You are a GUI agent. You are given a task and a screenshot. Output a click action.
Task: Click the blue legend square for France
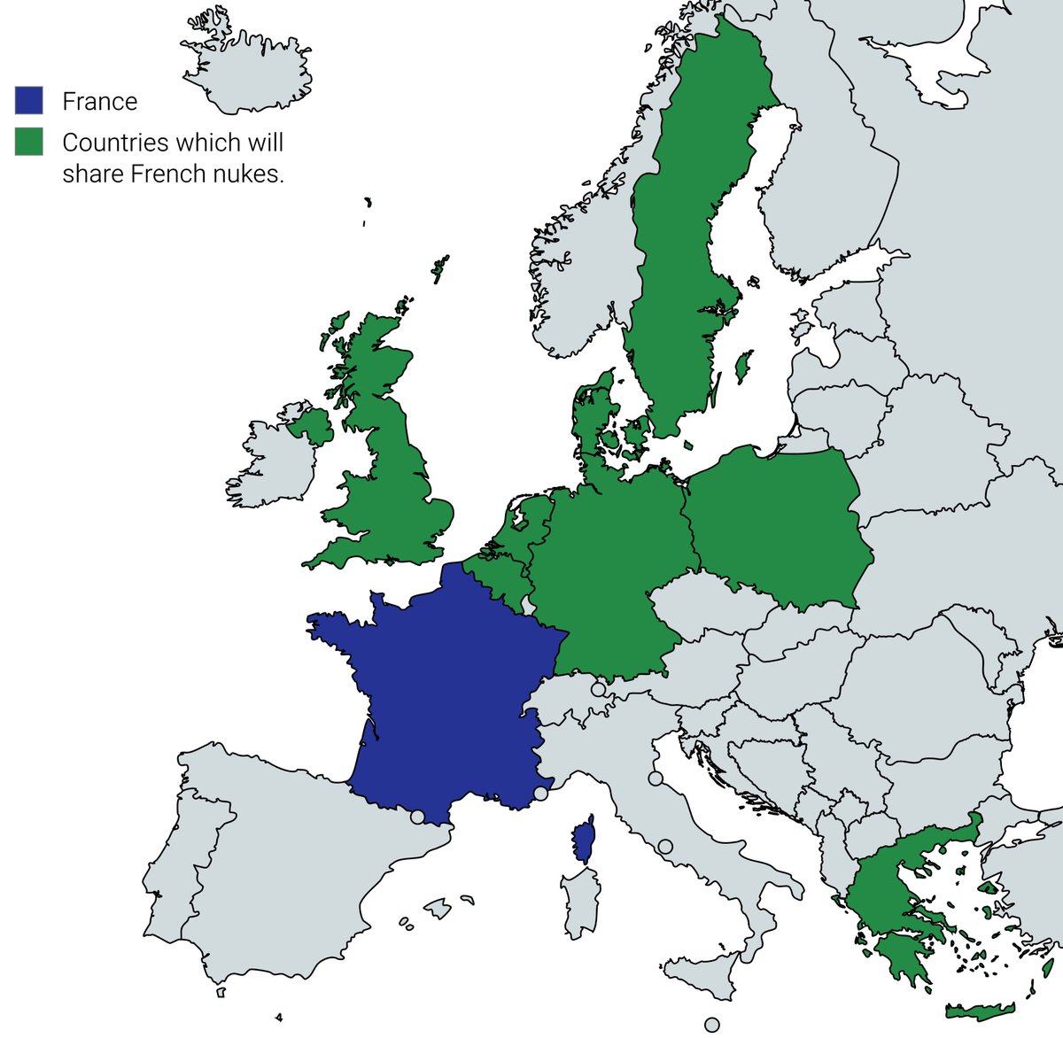[28, 100]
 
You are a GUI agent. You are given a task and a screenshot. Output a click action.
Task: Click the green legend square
[28, 142]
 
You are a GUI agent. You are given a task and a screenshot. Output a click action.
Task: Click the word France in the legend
[99, 102]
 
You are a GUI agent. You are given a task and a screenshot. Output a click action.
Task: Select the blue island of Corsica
[583, 840]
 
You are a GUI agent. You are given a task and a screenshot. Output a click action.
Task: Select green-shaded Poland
[775, 527]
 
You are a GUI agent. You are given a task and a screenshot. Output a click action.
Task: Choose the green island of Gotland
[744, 365]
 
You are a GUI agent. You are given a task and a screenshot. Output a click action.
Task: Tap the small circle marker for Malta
[712, 1025]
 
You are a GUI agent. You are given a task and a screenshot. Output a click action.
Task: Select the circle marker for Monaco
[540, 794]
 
